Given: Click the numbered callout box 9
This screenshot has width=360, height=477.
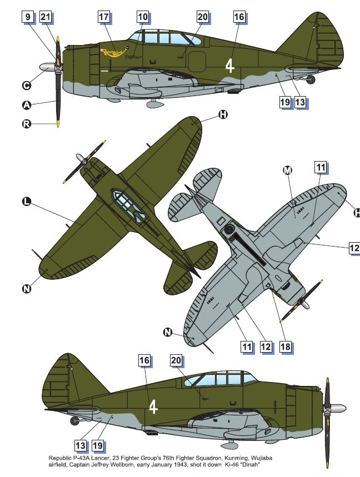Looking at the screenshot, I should pos(27,17).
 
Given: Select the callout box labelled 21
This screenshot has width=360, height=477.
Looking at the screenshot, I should pos(46,17).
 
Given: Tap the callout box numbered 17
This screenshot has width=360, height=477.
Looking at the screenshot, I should pos(104,17).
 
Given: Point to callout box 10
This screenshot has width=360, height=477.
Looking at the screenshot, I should pos(143,17).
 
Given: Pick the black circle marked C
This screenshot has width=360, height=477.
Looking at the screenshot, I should pos(26,86).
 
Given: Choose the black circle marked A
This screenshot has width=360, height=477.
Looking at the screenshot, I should pos(26,105).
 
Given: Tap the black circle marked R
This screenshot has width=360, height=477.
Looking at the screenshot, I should pos(26,123).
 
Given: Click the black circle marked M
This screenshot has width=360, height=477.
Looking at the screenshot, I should pos(287,170).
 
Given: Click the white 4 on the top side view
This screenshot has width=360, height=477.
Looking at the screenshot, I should pos(229,66).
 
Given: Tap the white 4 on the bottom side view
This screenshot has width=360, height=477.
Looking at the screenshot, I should pos(154,407).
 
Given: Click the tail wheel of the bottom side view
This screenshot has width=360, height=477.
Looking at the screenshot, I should pos(74,420).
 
